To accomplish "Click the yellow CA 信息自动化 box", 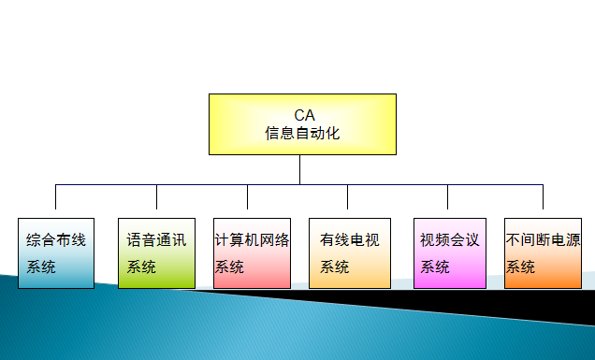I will point(301,123).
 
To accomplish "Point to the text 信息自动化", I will point(302,133).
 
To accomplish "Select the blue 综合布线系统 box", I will point(55,252).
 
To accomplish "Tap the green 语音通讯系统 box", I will point(156,252).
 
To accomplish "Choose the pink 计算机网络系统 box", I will point(252,252).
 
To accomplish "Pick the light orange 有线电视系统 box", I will point(349,252).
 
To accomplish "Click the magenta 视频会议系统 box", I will point(449,252).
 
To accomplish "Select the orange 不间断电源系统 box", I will point(543,252).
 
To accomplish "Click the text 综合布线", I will point(56,240).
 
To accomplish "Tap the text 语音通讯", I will point(156,240).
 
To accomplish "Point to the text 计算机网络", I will point(252,240).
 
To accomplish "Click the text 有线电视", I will point(349,240).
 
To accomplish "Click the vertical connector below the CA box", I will point(300,169).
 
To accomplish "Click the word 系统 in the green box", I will point(141,267).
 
